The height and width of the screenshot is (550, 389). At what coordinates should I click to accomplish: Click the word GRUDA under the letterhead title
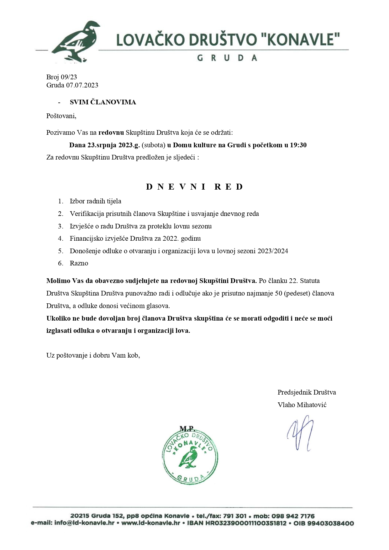[x=227, y=58]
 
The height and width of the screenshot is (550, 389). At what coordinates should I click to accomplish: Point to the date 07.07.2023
[x=82, y=85]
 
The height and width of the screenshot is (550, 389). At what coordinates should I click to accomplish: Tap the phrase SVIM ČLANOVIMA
[x=103, y=102]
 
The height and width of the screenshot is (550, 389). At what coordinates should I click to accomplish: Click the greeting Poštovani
[x=61, y=116]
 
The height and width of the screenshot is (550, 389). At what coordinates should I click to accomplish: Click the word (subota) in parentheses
[x=154, y=145]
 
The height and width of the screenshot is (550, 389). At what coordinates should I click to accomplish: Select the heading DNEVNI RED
[x=194, y=187]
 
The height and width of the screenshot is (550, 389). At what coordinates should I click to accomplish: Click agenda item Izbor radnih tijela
[x=96, y=201]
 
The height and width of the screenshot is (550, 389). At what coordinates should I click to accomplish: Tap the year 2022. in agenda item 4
[x=171, y=238]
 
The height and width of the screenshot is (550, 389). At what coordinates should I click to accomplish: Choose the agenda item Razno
[x=79, y=263]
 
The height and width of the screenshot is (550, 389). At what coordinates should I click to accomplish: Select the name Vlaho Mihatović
[x=302, y=405]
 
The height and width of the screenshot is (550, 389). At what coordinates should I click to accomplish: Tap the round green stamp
[x=190, y=458]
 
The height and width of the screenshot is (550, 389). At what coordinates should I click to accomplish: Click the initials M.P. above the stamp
[x=187, y=428]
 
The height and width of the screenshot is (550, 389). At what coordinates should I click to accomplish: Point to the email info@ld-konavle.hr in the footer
[x=84, y=523]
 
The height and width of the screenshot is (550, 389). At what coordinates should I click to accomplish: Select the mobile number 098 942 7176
[x=293, y=516]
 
